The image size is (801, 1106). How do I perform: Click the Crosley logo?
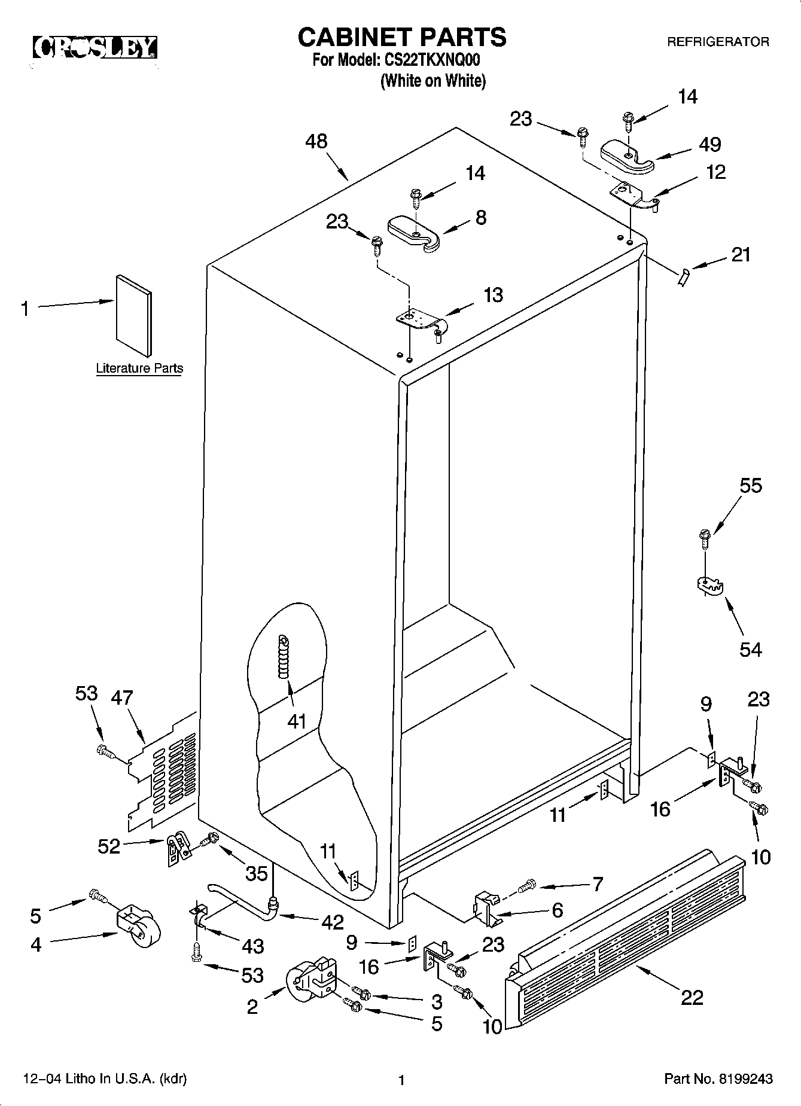[95, 47]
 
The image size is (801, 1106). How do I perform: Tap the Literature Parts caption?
[139, 368]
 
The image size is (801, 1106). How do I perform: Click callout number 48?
[316, 141]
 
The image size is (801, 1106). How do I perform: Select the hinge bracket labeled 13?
[421, 319]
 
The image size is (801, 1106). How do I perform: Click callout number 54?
[750, 649]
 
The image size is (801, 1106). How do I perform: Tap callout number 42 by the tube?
[332, 922]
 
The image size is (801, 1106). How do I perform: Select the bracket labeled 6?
[486, 906]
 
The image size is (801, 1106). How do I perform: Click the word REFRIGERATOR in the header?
[718, 42]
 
